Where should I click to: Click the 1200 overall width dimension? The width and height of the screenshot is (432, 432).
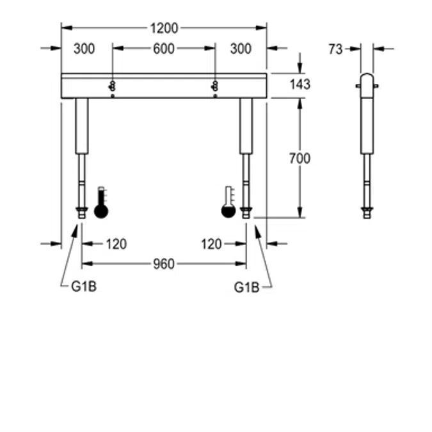pyautogui.click(x=164, y=28)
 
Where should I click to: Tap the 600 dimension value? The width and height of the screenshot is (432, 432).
pyautogui.click(x=164, y=49)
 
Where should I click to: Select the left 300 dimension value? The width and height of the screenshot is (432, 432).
pyautogui.click(x=84, y=49)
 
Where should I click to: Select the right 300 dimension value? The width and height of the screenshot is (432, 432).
pyautogui.click(x=241, y=49)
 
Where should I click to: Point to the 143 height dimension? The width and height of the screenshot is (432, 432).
pyautogui.click(x=300, y=84)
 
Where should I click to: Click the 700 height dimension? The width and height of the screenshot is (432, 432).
pyautogui.click(x=300, y=157)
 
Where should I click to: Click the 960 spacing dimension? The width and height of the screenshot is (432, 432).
pyautogui.click(x=164, y=264)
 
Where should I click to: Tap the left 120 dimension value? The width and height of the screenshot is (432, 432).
pyautogui.click(x=116, y=244)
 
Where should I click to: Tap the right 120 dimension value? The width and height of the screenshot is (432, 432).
pyautogui.click(x=211, y=244)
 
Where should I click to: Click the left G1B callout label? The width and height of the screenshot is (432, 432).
pyautogui.click(x=83, y=287)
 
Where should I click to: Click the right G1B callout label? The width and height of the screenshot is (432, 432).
pyautogui.click(x=246, y=287)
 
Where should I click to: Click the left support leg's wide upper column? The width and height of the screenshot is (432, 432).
pyautogui.click(x=81, y=125)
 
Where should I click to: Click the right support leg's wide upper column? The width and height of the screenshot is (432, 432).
pyautogui.click(x=246, y=125)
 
